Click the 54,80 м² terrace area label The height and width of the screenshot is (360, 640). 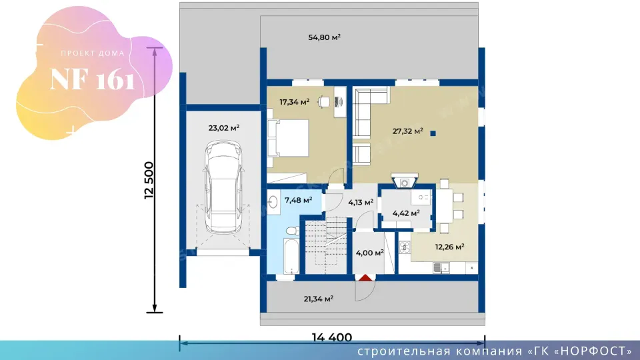(x=325, y=37)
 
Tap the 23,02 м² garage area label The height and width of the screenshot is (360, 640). (x=224, y=128)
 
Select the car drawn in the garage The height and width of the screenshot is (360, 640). (x=224, y=187)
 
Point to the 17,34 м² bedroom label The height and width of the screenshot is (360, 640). (x=294, y=101)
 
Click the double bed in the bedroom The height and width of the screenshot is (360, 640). (x=288, y=138)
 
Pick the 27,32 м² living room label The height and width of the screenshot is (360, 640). (x=408, y=131)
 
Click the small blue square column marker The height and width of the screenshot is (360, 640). (x=433, y=133)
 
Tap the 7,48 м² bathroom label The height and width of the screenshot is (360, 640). (x=299, y=200)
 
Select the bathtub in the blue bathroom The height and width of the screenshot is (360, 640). (x=291, y=256)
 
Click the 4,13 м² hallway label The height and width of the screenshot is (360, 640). (x=361, y=202)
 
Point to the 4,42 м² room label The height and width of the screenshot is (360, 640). (x=406, y=213)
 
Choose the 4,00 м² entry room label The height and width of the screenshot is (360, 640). (x=370, y=253)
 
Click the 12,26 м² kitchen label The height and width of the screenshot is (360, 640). (x=450, y=247)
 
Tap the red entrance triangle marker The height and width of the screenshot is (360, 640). (x=365, y=278)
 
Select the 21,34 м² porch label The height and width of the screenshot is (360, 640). (x=319, y=299)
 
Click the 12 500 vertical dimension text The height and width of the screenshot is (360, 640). (x=149, y=180)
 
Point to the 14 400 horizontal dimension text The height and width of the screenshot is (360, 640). (x=332, y=337)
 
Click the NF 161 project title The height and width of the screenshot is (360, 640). (x=92, y=79)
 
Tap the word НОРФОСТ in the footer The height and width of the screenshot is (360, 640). (x=593, y=351)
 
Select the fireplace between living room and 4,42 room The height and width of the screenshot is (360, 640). (x=405, y=181)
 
